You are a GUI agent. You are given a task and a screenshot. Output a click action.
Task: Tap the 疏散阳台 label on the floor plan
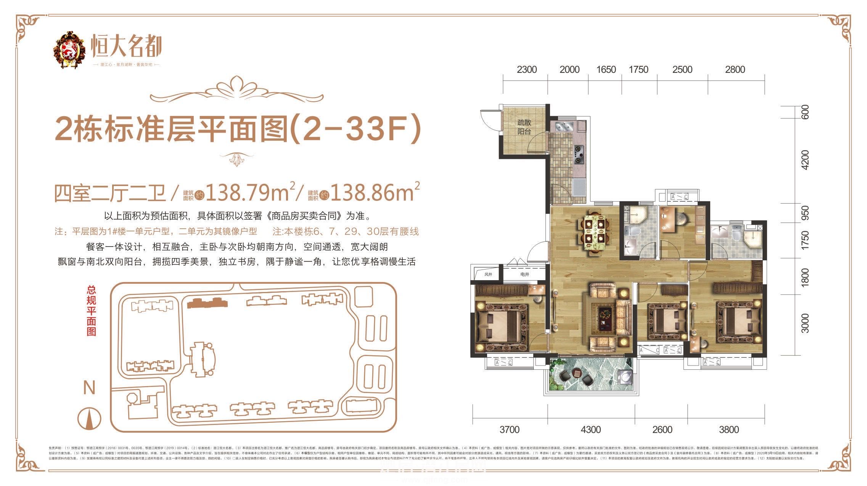click(x=524, y=127)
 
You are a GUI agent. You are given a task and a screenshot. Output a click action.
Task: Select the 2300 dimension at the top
click(x=526, y=69)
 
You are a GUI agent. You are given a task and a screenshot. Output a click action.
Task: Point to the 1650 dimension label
click(x=606, y=69)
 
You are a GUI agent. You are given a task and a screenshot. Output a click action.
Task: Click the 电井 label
click(x=524, y=274)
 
